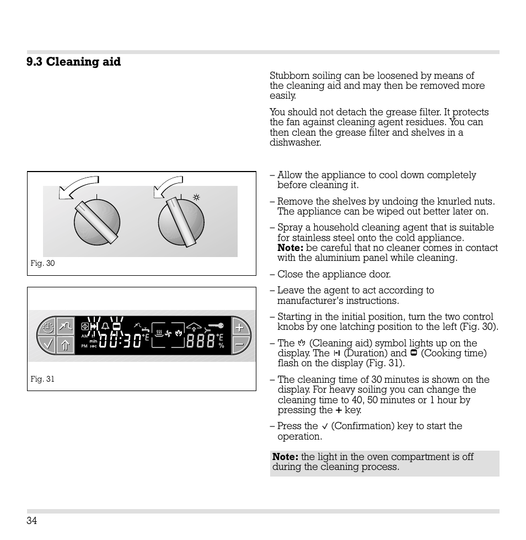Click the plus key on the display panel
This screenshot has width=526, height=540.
tap(239, 328)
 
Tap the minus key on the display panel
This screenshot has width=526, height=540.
tap(239, 344)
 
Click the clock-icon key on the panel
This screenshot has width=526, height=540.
tap(48, 328)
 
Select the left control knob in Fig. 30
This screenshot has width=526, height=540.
tap(97, 223)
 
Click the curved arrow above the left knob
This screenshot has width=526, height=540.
tap(78, 186)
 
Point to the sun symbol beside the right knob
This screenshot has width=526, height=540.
tap(195, 197)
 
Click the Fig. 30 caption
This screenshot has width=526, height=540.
tap(42, 264)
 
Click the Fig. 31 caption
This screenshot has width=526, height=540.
tap(42, 379)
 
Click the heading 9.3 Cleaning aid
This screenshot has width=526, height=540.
tap(73, 62)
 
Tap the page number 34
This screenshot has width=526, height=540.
tap(31, 521)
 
